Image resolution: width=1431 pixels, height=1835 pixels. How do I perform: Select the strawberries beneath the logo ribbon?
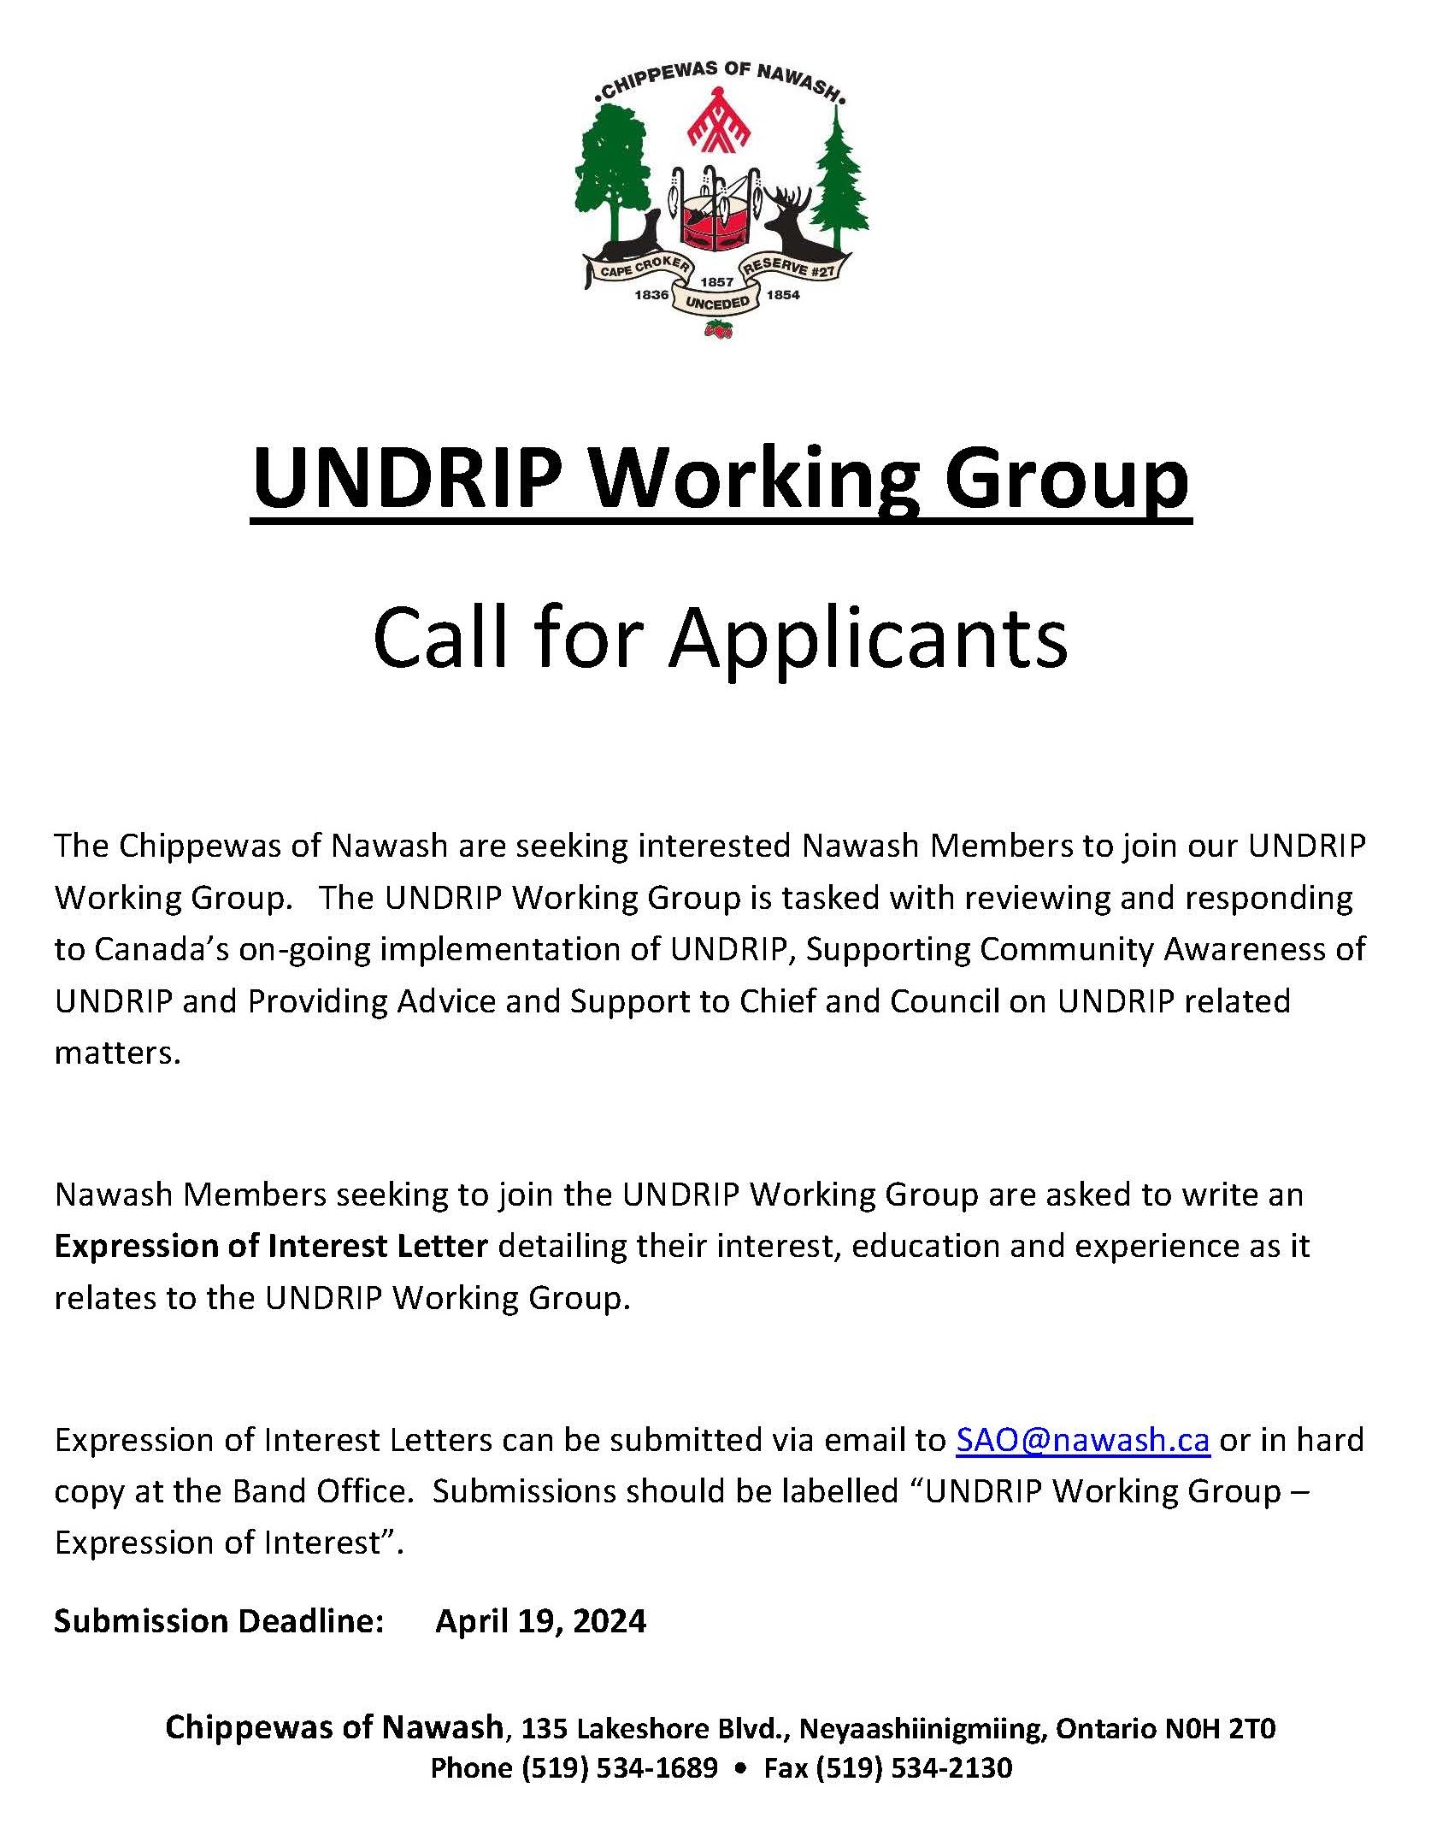(x=718, y=329)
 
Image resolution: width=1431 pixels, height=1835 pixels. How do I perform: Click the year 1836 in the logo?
(x=651, y=295)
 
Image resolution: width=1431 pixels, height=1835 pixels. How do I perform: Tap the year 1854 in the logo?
(x=783, y=295)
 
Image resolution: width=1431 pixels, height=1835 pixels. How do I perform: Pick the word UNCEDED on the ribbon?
(x=717, y=303)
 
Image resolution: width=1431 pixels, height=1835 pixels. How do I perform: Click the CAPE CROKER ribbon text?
(x=643, y=268)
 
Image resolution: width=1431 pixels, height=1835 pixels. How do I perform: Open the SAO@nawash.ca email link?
(x=1082, y=1440)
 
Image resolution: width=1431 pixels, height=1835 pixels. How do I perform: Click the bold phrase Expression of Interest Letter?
(x=271, y=1246)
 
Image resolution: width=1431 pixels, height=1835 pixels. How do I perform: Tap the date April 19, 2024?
(x=541, y=1621)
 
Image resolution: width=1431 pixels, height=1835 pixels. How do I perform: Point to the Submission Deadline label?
(x=219, y=1621)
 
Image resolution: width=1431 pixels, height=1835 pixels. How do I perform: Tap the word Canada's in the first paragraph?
(x=162, y=949)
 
